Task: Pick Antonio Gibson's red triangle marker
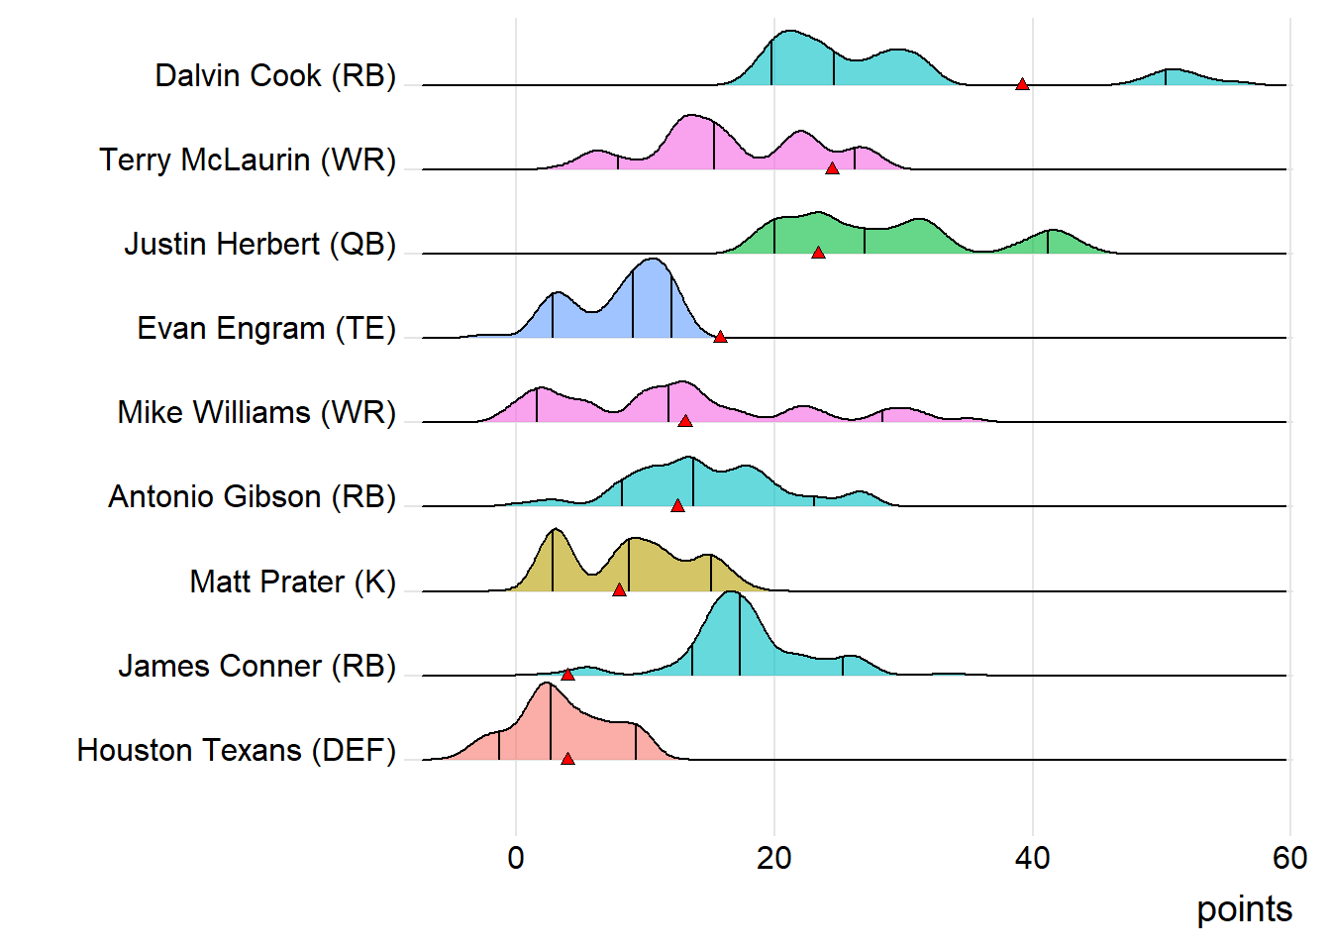coord(677,506)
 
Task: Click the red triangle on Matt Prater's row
coord(619,590)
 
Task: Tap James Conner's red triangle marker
coord(567,675)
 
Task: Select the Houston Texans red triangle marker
coord(567,759)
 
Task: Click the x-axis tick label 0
coord(516,858)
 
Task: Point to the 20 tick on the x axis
coord(773,858)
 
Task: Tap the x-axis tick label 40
coord(1032,858)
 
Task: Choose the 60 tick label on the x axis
coord(1289,858)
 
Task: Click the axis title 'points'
coord(1244,909)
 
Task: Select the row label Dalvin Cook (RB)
coord(275,75)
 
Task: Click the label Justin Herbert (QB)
coord(259,244)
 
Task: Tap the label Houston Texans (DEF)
coord(237,750)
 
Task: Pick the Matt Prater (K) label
coord(292,581)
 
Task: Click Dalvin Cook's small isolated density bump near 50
coord(1169,78)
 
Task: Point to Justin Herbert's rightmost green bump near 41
coord(1052,243)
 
